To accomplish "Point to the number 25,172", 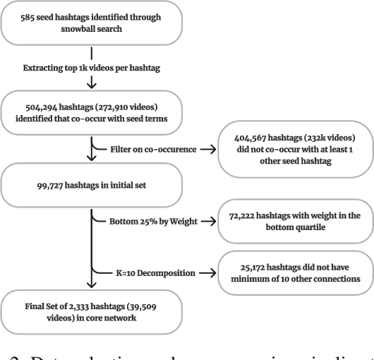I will coord(242,266).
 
